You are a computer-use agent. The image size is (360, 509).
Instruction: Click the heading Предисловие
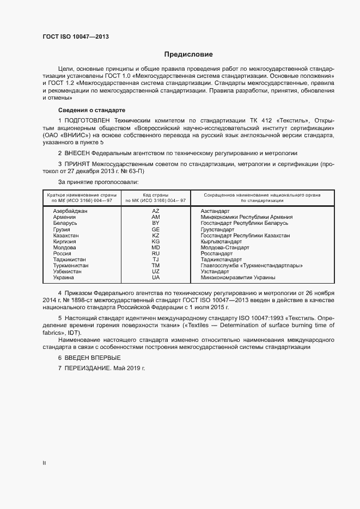click(x=188, y=54)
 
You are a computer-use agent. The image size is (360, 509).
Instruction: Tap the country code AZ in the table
click(x=156, y=210)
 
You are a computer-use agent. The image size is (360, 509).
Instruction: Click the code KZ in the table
click(x=156, y=235)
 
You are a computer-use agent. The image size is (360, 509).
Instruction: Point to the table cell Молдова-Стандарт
click(x=221, y=247)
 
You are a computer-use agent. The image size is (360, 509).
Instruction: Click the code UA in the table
click(x=156, y=278)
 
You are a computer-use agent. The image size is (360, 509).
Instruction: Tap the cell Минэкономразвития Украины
click(x=237, y=278)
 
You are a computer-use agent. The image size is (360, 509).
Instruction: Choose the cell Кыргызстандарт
click(x=221, y=241)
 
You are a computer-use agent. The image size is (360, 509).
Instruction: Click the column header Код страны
click(x=156, y=194)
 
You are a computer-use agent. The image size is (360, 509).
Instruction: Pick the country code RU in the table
click(x=156, y=253)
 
